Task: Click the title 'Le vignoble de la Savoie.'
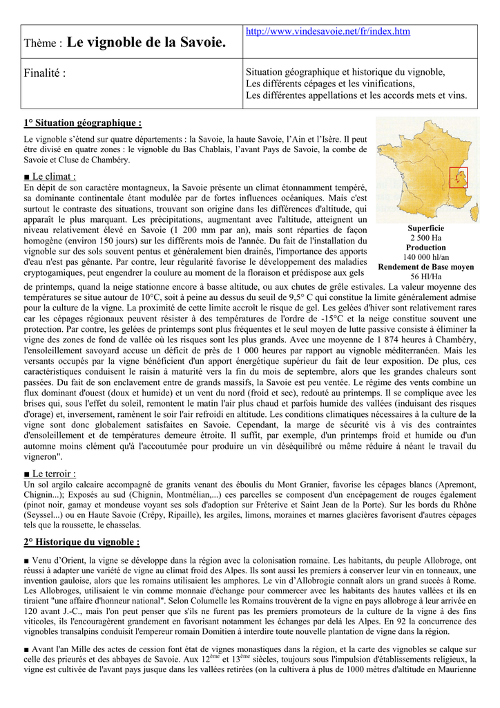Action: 146,43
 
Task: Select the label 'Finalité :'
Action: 45,73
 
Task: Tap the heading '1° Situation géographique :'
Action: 82,123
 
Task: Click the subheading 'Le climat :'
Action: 50,176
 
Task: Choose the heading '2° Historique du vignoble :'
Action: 81,541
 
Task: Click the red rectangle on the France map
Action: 459,178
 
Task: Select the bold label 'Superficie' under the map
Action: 425,228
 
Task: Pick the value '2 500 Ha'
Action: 425,238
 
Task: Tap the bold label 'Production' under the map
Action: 425,248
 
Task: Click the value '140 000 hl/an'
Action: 425,257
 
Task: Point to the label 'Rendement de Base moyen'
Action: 425,267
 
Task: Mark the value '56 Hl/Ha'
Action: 425,277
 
